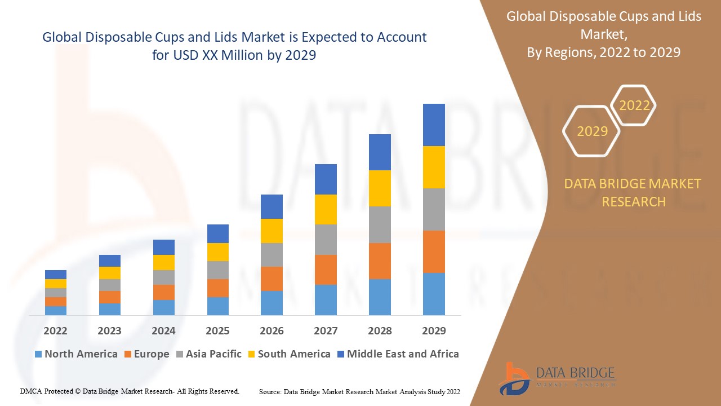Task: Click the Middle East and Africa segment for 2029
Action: [x=434, y=125]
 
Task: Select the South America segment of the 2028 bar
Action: [x=380, y=188]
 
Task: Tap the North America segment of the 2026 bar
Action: [x=272, y=303]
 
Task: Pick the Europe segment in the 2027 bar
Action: [x=326, y=270]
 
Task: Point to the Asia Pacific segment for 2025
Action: [x=218, y=270]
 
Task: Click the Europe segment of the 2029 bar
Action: [x=434, y=251]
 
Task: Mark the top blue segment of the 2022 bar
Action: [x=56, y=275]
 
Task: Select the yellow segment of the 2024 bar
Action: [x=164, y=262]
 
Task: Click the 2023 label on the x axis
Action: [x=109, y=330]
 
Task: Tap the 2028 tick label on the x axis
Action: [x=380, y=330]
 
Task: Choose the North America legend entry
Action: [x=76, y=354]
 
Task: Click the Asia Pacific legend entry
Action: [x=208, y=354]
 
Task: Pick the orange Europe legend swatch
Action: [x=128, y=355]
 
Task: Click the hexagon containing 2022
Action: [x=634, y=105]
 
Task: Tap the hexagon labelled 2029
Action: [x=592, y=131]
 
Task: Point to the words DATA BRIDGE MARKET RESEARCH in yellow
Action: [x=634, y=192]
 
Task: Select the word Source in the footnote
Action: [x=270, y=391]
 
